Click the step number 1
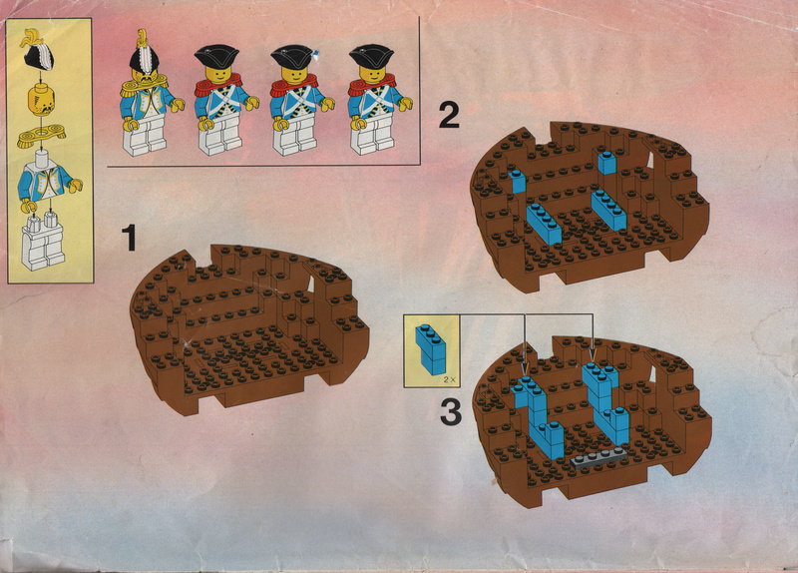pyautogui.click(x=130, y=239)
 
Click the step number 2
pyautogui.click(x=449, y=115)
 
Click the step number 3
pyautogui.click(x=451, y=412)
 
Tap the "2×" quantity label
pyautogui.click(x=448, y=379)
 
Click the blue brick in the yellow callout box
pyautogui.click(x=431, y=350)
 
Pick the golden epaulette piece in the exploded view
pyautogui.click(x=41, y=136)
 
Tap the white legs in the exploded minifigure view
pyautogui.click(x=42, y=241)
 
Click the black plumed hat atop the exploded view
pyautogui.click(x=37, y=51)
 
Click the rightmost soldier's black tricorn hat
pyautogui.click(x=371, y=56)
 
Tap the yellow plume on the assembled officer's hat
pyautogui.click(x=142, y=38)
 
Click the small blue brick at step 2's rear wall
pyautogui.click(x=606, y=163)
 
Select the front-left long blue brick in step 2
pyautogui.click(x=544, y=224)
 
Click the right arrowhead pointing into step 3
pyautogui.click(x=592, y=355)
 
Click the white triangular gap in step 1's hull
pyautogui.click(x=311, y=285)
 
